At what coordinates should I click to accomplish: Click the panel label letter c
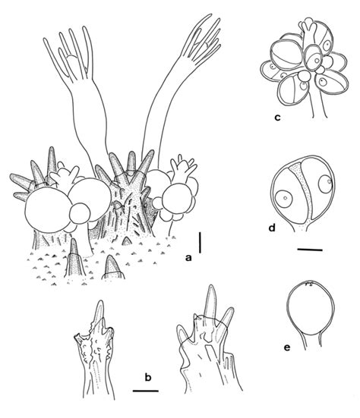278,118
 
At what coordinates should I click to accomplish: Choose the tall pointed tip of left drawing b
97,313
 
